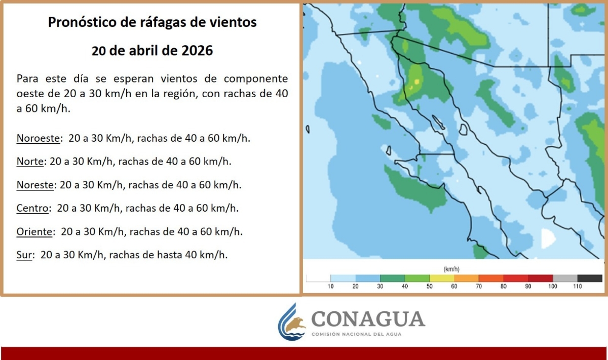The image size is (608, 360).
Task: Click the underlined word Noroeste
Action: [38, 138]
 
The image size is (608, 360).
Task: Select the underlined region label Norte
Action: [30, 162]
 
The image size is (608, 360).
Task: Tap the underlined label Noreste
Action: [35, 185]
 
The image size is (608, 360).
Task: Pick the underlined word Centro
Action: [32, 208]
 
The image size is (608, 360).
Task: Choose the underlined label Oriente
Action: [34, 232]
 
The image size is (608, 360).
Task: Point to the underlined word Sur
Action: [24, 255]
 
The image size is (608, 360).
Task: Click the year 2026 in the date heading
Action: [197, 51]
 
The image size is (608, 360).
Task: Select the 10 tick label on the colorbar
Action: [330, 287]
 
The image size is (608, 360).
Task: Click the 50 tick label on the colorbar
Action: [429, 287]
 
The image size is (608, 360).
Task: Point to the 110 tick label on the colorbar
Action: [577, 287]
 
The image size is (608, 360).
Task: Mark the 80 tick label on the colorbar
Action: [503, 287]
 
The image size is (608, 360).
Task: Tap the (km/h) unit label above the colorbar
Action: [451, 269]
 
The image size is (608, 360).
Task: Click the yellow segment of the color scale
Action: [442, 278]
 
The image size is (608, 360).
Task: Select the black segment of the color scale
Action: [590, 278]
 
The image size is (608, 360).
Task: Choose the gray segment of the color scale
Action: [565, 278]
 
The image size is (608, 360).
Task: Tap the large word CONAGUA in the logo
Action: [368, 319]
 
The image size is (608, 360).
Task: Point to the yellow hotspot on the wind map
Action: [416, 82]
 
